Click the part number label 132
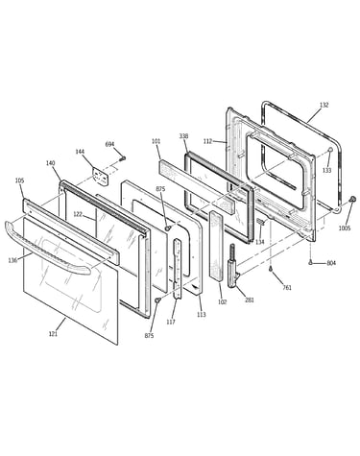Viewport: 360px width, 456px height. (324, 105)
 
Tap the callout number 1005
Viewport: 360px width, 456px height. (345, 228)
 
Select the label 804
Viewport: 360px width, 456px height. (331, 263)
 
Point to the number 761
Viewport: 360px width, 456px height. (287, 287)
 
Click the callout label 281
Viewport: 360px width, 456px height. (250, 300)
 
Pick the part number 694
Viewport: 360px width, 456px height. (109, 144)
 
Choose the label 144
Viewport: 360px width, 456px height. (80, 152)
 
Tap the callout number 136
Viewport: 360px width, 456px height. (12, 260)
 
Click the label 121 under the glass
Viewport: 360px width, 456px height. (53, 334)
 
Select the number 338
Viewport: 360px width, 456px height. (183, 136)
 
